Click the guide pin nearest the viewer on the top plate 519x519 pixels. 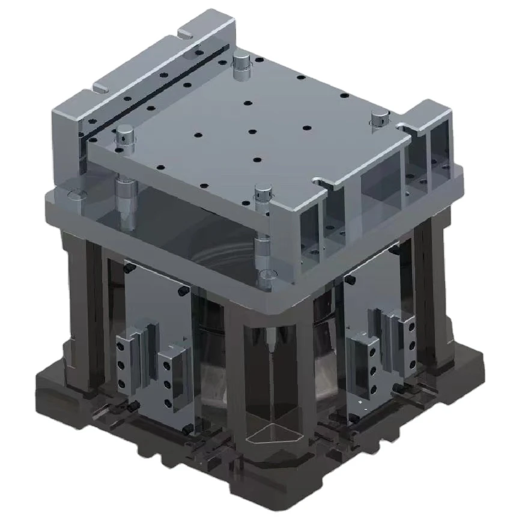(262, 193)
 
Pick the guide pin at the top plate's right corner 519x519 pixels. (379, 118)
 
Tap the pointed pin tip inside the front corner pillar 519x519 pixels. (272, 342)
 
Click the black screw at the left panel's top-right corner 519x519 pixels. (182, 291)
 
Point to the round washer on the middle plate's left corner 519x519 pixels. (76, 195)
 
